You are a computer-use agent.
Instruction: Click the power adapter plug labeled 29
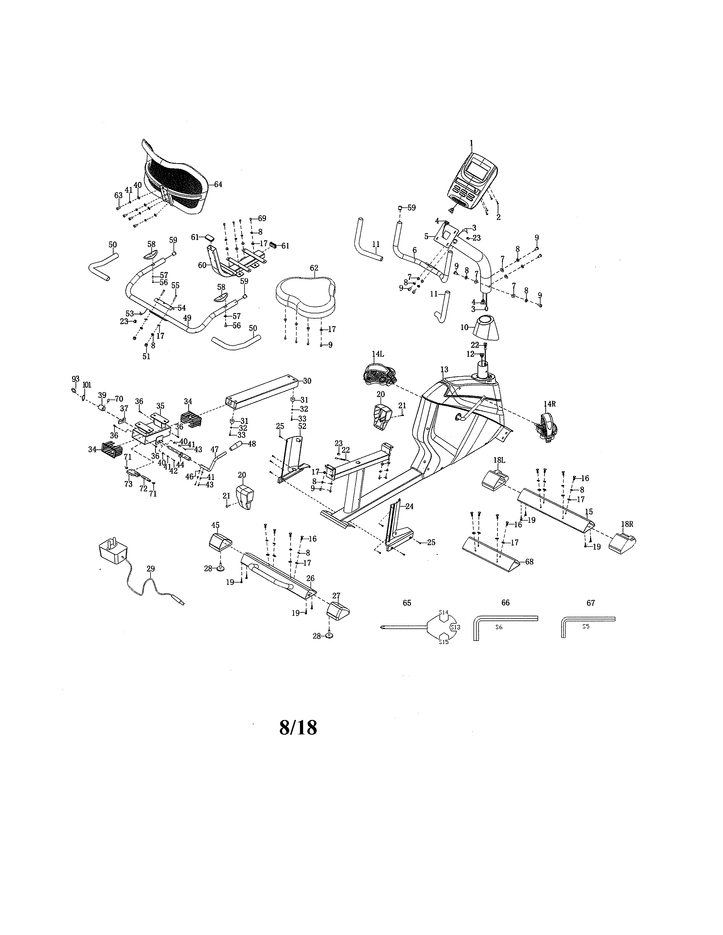click(x=112, y=552)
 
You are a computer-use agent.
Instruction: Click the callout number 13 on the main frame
click(x=444, y=369)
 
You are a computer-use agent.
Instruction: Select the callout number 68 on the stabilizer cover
click(x=529, y=562)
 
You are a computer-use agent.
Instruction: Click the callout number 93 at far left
click(x=75, y=379)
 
